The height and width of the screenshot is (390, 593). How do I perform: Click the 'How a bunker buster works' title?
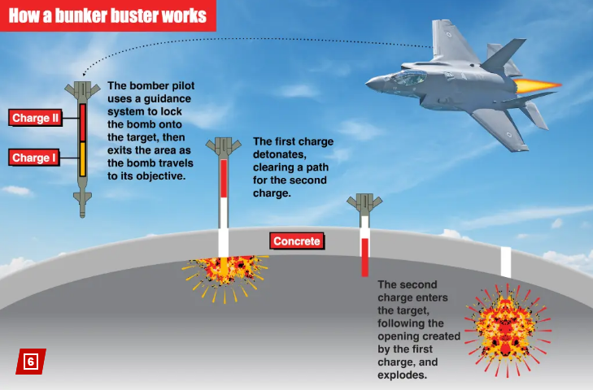point(107,16)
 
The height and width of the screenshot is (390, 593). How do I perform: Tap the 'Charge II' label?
point(35,118)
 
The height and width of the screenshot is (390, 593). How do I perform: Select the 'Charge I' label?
point(34,158)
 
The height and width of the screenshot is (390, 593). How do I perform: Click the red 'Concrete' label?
point(297,241)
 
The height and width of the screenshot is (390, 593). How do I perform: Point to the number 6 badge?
point(31,362)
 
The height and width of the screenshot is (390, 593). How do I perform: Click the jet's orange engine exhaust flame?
point(538,86)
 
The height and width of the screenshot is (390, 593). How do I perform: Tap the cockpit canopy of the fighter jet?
point(408,77)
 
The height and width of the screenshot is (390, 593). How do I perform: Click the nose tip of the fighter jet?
point(366,84)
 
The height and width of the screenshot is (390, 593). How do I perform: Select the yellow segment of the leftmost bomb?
point(82,159)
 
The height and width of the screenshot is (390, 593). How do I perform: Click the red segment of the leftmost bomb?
point(82,123)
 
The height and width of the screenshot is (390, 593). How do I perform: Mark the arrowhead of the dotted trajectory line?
point(84,74)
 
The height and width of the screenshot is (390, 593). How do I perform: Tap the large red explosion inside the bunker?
point(508,331)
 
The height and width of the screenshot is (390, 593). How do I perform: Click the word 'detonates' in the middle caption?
point(280,154)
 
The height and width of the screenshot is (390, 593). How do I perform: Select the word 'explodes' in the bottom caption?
point(402,375)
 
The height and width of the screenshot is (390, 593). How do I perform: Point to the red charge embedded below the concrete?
point(364,258)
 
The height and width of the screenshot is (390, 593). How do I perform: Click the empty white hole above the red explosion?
point(506,262)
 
